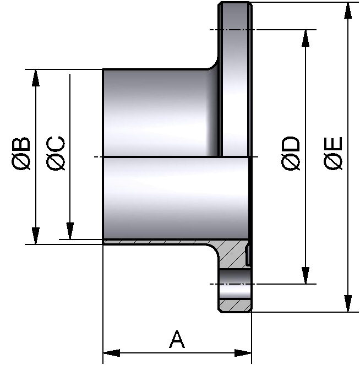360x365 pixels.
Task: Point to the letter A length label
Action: pyautogui.click(x=177, y=339)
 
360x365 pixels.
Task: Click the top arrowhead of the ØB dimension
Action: pyautogui.click(x=36, y=78)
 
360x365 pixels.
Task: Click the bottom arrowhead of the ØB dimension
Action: pyautogui.click(x=36, y=236)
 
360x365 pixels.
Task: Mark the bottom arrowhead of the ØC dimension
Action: pyautogui.click(x=70, y=231)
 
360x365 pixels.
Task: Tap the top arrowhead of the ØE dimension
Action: pyautogui.click(x=348, y=11)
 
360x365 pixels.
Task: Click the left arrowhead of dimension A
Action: pyautogui.click(x=112, y=352)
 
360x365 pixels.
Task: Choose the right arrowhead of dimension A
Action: pyautogui.click(x=243, y=352)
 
